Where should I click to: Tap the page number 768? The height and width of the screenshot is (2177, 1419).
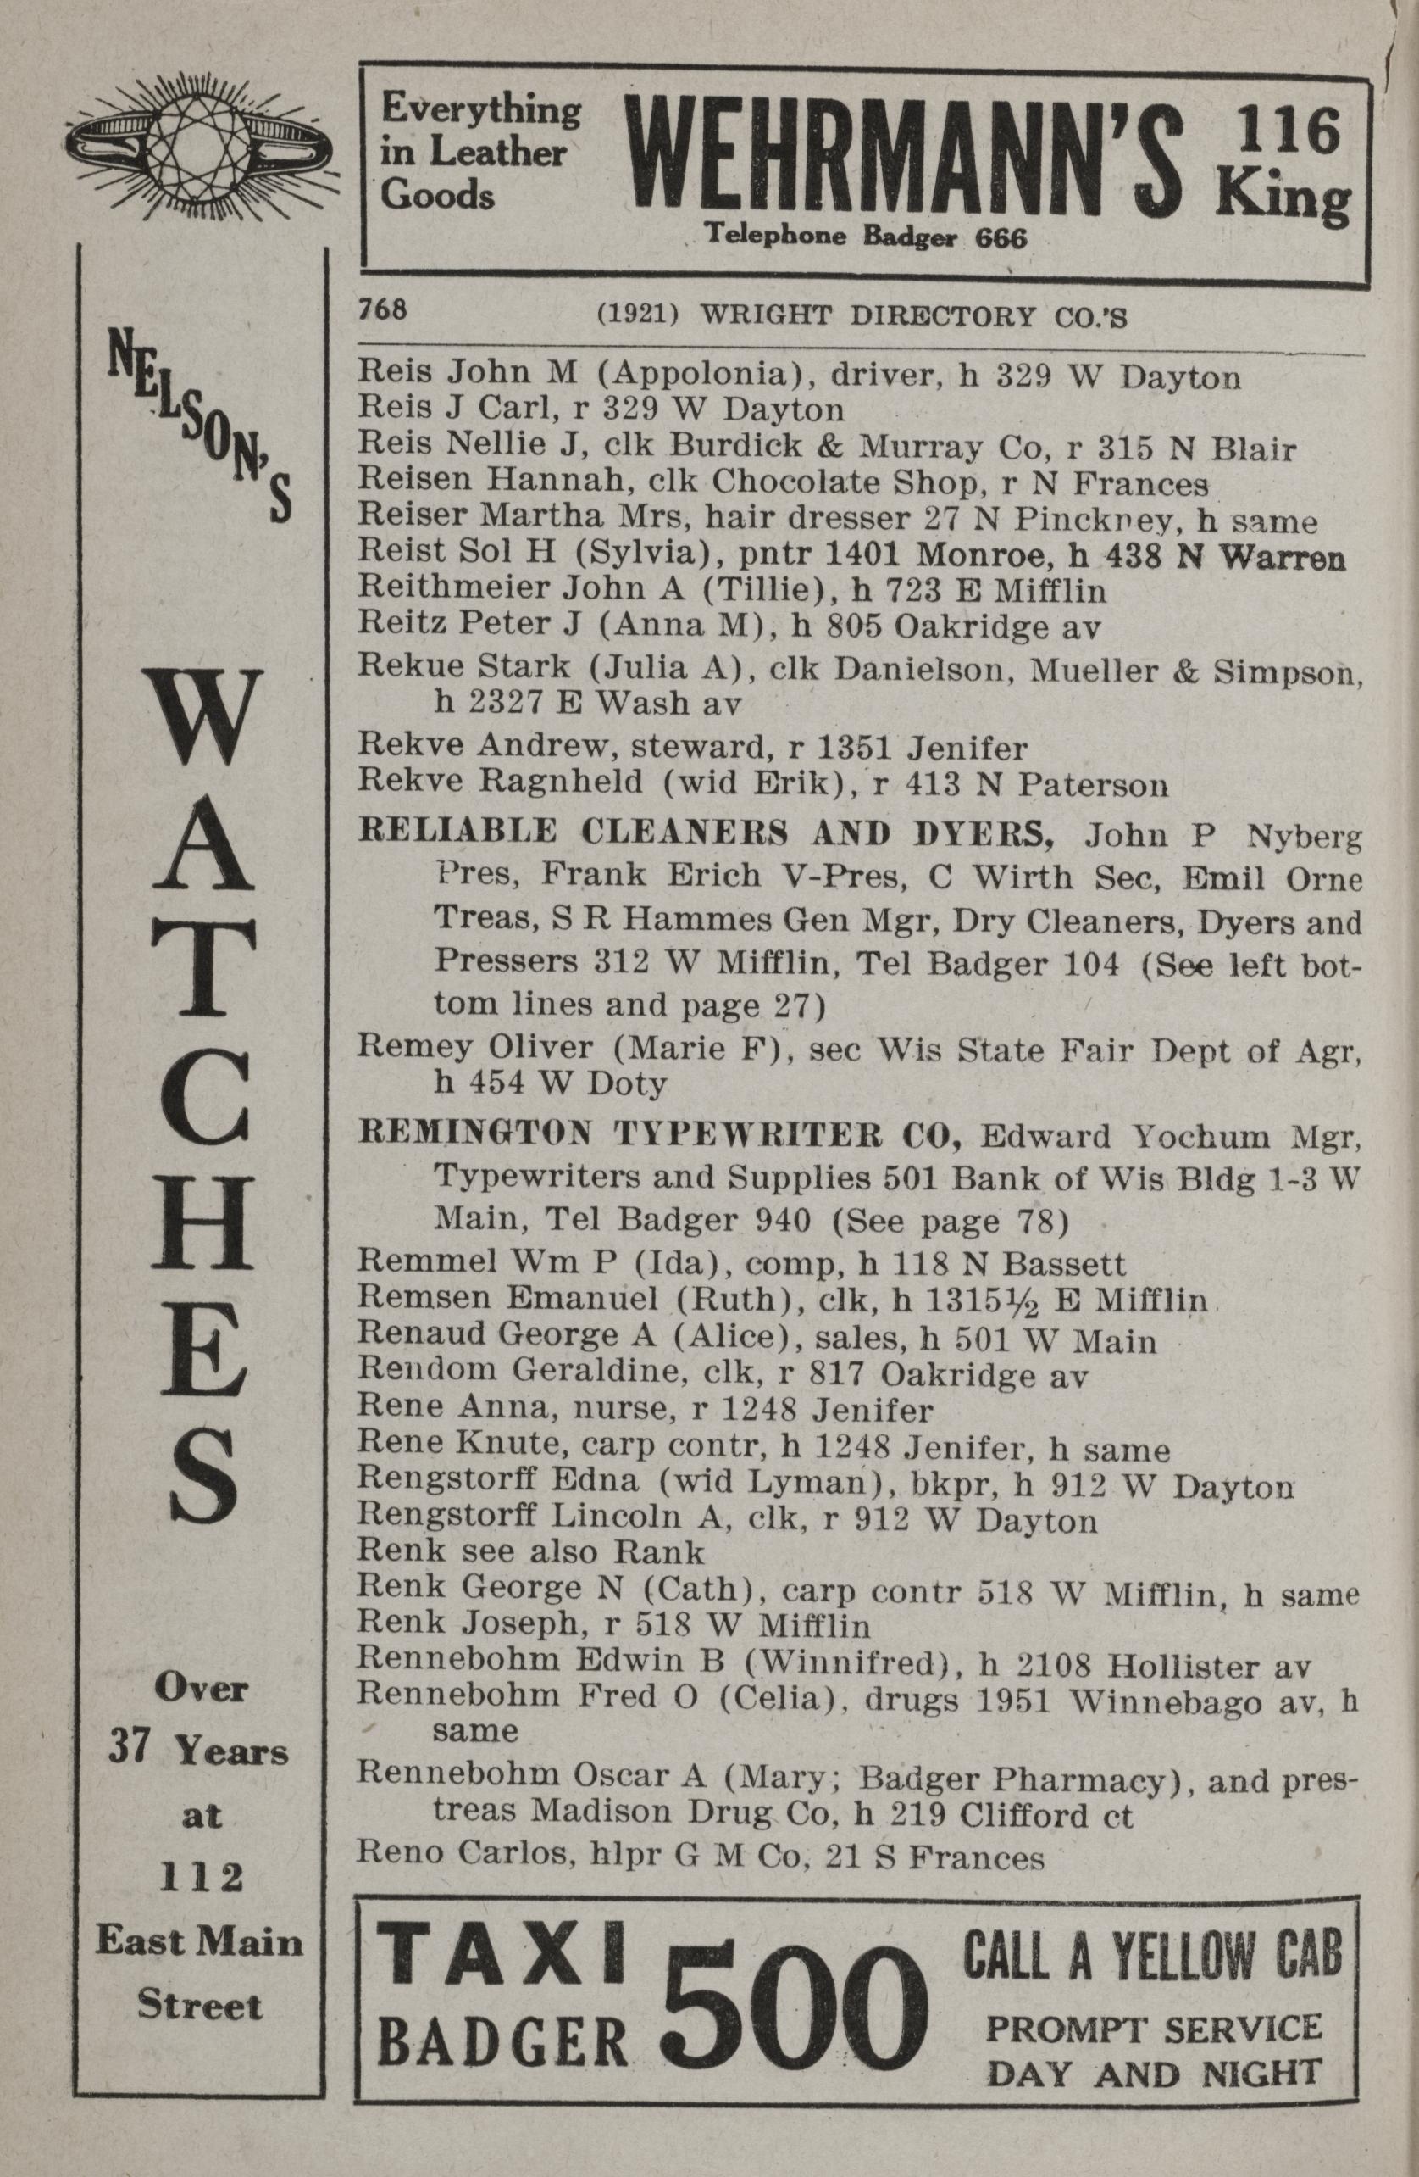[382, 310]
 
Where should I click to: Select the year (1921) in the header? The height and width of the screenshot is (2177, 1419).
[636, 315]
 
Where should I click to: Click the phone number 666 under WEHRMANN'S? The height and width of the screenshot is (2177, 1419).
[1001, 239]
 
